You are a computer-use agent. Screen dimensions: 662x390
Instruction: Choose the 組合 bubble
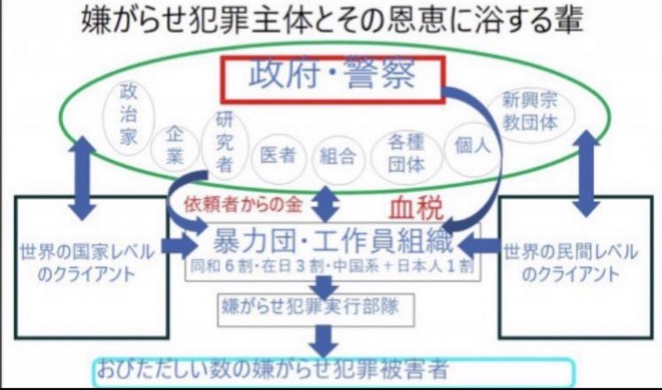point(337,157)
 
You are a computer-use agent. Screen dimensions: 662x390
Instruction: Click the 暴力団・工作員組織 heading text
point(331,241)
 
